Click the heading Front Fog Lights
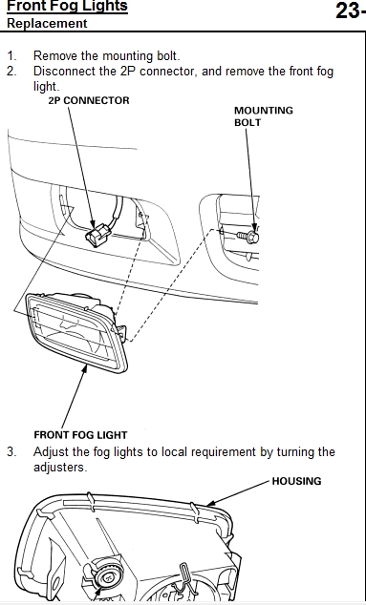click(x=67, y=6)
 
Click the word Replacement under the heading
click(x=47, y=23)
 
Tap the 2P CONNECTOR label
click(x=89, y=101)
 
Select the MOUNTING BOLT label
click(x=264, y=116)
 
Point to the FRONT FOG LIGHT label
click(x=80, y=435)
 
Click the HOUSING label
click(x=296, y=481)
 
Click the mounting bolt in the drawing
click(x=248, y=236)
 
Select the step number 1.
click(x=11, y=56)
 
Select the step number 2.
click(x=11, y=72)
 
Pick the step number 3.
click(x=11, y=451)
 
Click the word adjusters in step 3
click(x=58, y=468)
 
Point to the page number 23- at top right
click(x=350, y=10)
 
